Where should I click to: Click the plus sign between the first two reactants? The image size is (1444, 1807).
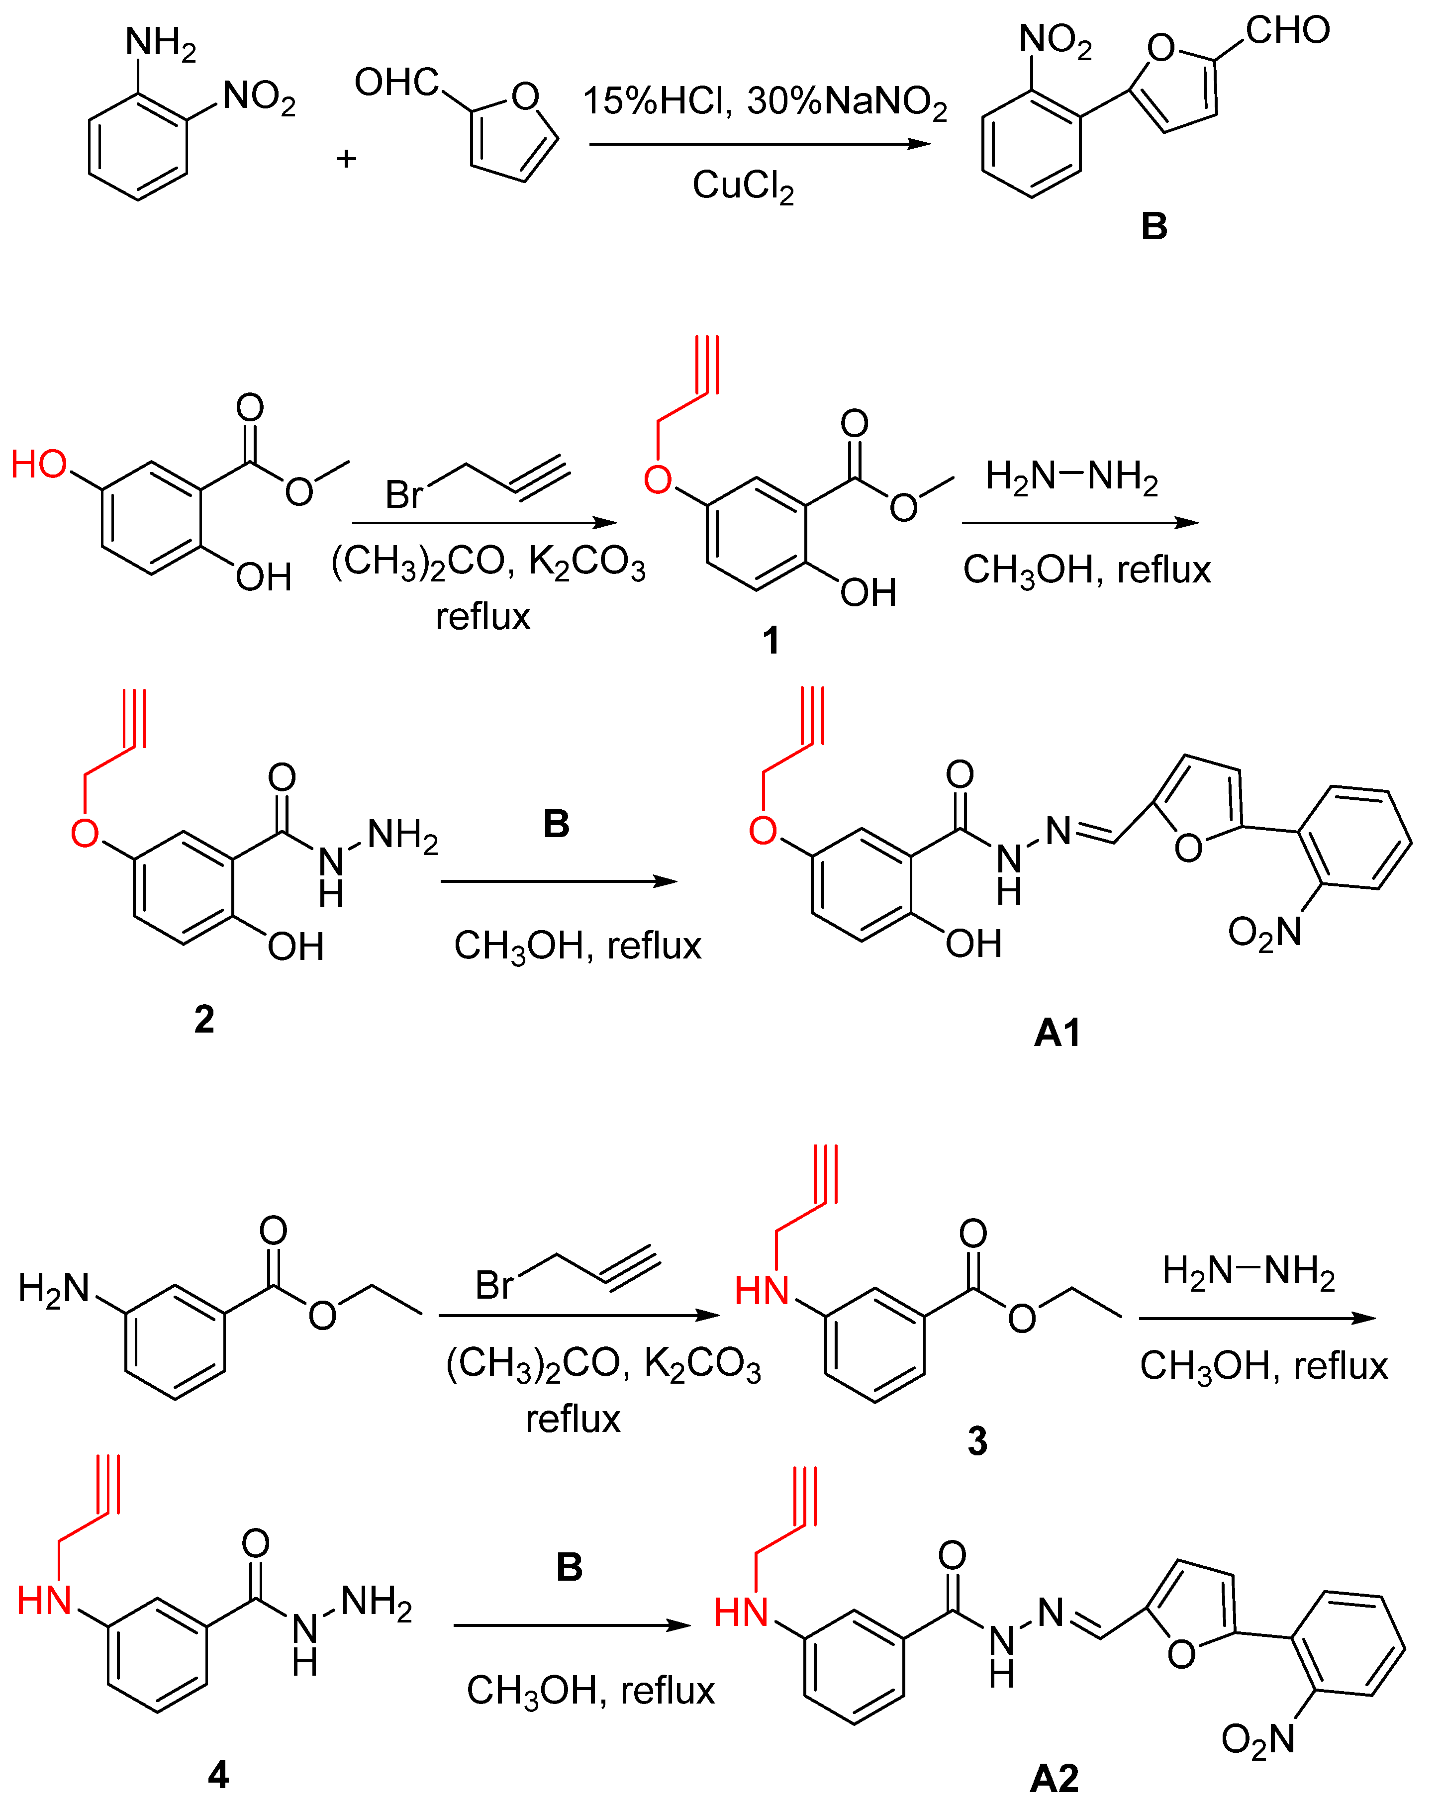coord(346,158)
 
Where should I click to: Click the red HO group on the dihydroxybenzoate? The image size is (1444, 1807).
coord(39,465)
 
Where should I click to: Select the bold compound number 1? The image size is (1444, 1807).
coord(770,641)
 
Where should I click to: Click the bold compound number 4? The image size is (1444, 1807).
coord(218,1774)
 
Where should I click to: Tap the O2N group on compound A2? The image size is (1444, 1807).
coord(1257,1740)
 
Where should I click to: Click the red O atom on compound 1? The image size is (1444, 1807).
coord(658,480)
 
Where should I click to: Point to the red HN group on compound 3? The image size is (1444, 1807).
coord(762,1291)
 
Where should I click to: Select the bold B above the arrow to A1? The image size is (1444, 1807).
coord(557,825)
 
